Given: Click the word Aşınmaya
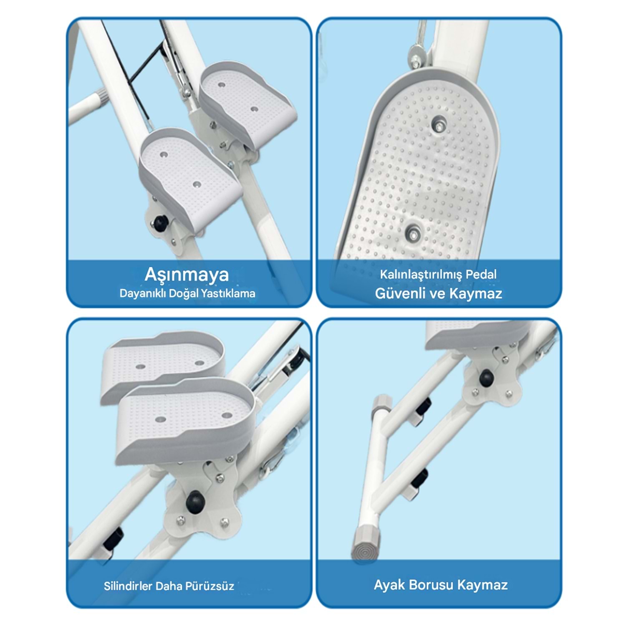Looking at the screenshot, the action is [x=187, y=275].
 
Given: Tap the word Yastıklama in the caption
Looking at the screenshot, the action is [x=228, y=293].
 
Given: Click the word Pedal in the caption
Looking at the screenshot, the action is [x=481, y=275].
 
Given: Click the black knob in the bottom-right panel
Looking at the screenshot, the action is [x=486, y=378].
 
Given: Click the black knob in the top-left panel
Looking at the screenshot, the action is [x=160, y=223].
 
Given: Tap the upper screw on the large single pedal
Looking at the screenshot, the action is [x=438, y=124].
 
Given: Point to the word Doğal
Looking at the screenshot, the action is [x=184, y=294].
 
